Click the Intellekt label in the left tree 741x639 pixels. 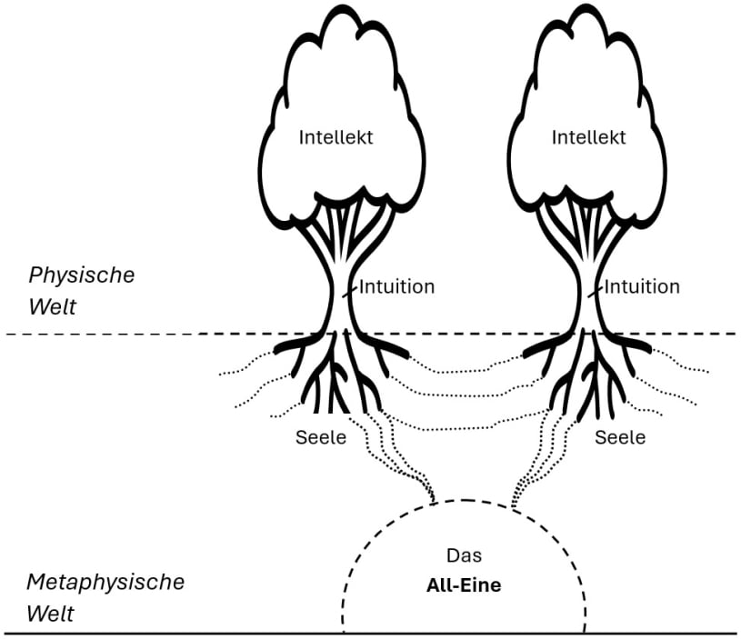(x=336, y=138)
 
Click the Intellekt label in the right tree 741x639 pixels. (x=589, y=138)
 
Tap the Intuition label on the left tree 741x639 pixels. (x=397, y=287)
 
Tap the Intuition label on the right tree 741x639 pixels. (x=642, y=287)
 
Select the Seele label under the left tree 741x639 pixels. (x=321, y=437)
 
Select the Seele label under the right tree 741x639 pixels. (x=620, y=437)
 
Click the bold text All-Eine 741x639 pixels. (x=464, y=586)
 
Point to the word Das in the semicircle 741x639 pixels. (x=463, y=555)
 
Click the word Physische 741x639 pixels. (x=82, y=275)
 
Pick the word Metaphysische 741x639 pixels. (x=105, y=582)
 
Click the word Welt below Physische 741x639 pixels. (x=52, y=305)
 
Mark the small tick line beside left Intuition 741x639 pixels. (x=350, y=292)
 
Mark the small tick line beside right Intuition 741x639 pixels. (x=595, y=292)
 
